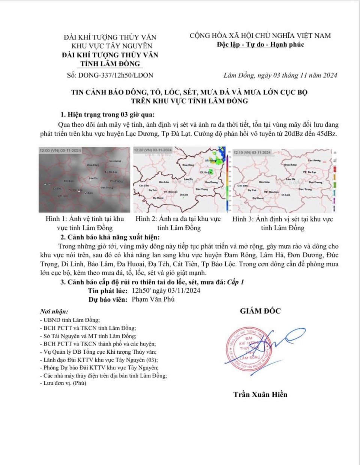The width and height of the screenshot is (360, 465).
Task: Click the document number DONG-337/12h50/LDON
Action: pos(115,75)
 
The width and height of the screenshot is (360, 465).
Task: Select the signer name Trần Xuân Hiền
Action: pos(260,394)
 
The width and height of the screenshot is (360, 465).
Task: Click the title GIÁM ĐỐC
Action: pos(260,311)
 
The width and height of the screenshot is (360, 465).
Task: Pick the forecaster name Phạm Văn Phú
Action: pos(153,299)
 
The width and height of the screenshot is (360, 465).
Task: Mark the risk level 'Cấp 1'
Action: pos(235,282)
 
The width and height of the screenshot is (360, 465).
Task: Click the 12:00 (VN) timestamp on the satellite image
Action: pos(60,151)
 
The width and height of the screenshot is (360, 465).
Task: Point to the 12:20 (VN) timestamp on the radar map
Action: pos(153,150)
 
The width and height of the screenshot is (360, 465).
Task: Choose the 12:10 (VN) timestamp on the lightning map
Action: pos(252,153)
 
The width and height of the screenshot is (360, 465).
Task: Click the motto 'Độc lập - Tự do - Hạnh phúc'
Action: pos(260,45)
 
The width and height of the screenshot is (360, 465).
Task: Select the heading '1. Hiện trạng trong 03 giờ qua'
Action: pos(107,115)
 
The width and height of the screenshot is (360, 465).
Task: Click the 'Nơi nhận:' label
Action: pos(54,311)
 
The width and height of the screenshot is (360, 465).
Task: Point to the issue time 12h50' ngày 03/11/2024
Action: pos(166,291)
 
